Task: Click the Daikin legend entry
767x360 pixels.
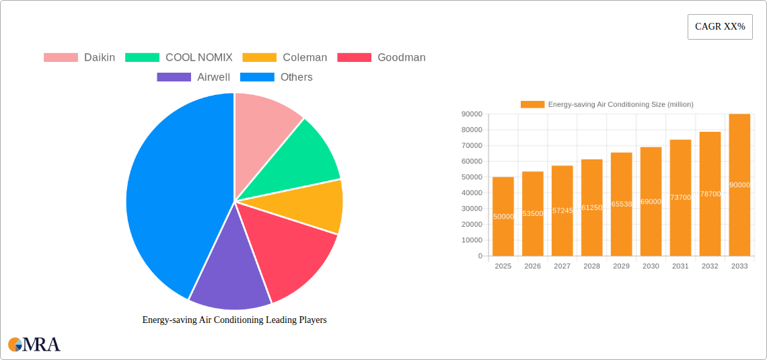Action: click(x=79, y=57)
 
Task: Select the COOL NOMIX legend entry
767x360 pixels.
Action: click(x=178, y=57)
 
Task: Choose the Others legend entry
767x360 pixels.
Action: click(x=277, y=77)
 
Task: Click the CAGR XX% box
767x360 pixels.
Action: click(x=720, y=27)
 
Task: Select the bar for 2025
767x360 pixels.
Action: click(x=503, y=216)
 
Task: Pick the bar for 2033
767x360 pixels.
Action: click(x=739, y=185)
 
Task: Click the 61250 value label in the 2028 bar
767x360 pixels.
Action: click(x=591, y=208)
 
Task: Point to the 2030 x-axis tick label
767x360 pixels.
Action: click(x=651, y=266)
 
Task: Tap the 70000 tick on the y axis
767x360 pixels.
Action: click(x=471, y=145)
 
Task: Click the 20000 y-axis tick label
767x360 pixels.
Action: click(x=471, y=224)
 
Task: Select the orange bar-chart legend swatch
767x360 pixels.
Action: click(x=533, y=104)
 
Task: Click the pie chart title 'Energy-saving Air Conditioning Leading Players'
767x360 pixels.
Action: click(x=234, y=320)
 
